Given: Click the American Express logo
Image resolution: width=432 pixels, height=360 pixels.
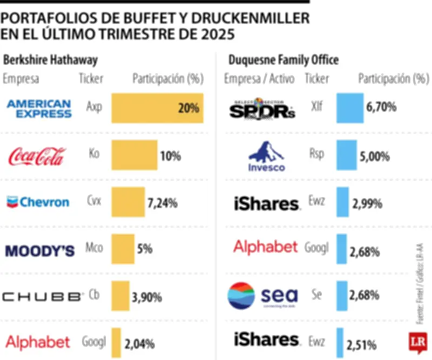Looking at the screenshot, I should coord(39,108).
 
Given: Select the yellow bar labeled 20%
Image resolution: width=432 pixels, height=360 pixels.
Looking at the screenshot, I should coord(157,108).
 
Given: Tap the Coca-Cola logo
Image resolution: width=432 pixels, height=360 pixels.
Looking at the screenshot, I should coord(37,156).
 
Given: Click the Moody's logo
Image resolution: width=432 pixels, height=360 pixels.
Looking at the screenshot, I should coord(39,250).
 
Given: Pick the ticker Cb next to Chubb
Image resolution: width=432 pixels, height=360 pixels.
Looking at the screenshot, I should coord(94,296).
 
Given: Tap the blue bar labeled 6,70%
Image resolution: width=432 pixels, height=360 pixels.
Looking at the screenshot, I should coord(349,108).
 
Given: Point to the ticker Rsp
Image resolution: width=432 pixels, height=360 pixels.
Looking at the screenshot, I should coord(317,154).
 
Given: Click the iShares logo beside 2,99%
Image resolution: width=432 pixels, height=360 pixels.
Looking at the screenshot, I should coord(266,204).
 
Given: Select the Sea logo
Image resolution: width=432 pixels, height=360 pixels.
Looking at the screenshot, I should coord(263,296).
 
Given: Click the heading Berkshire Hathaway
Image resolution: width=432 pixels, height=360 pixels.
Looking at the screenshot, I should coord(51,59).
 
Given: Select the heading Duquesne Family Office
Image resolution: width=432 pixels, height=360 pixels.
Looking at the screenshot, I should coord(283,59).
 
